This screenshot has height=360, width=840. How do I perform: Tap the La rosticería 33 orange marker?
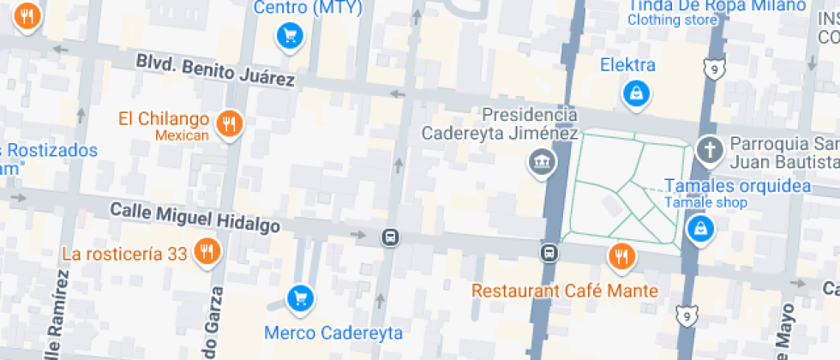tap(207, 252)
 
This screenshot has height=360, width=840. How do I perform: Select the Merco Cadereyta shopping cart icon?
tap(299, 298)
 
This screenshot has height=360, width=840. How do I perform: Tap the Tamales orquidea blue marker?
tap(700, 229)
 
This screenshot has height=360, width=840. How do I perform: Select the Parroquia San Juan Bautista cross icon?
tap(709, 151)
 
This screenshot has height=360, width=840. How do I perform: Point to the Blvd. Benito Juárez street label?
tap(215, 71)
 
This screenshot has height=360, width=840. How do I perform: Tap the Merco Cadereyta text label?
tap(333, 333)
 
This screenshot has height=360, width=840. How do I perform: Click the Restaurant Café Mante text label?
tap(565, 291)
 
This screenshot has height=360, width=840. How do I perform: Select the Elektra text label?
tap(627, 65)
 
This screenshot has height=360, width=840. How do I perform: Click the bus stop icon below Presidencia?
tap(549, 253)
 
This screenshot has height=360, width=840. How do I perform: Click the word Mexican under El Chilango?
tap(182, 135)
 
